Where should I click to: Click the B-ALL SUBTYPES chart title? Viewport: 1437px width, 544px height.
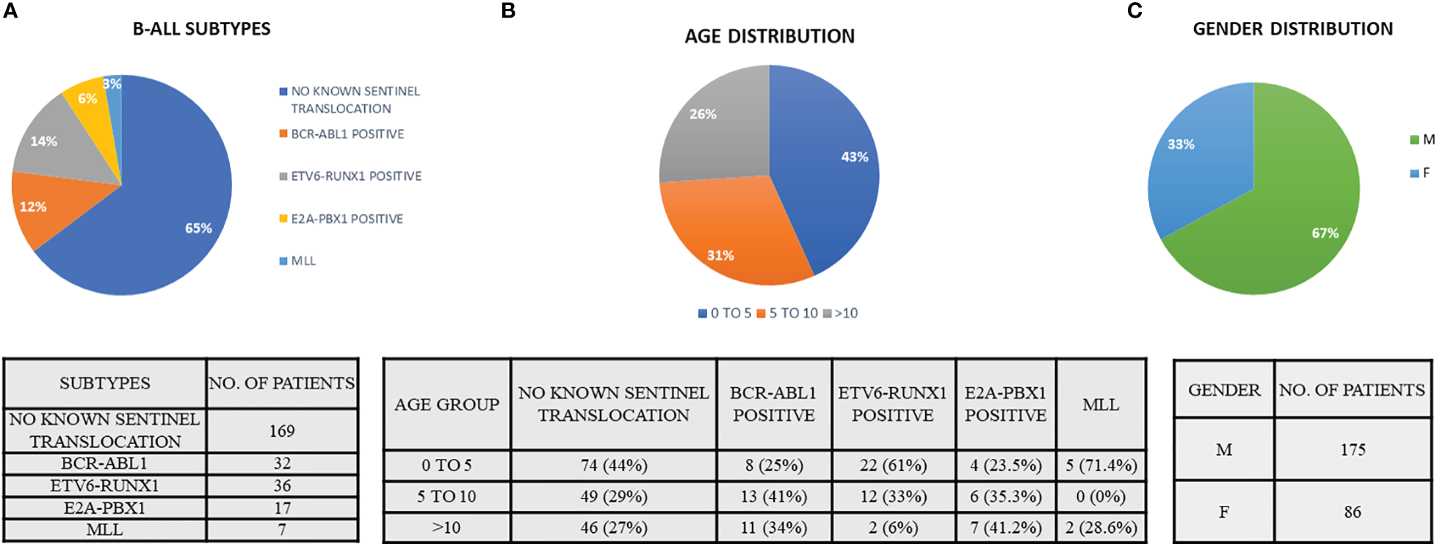[201, 29]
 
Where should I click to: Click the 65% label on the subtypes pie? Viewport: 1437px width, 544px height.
[198, 228]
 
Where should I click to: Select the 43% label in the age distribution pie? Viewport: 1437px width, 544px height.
[855, 157]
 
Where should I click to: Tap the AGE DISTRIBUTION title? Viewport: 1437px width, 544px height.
[770, 37]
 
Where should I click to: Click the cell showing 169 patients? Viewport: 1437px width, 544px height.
[282, 431]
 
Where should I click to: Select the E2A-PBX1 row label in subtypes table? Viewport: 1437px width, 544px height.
[104, 508]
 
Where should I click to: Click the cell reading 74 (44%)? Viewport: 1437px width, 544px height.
[613, 465]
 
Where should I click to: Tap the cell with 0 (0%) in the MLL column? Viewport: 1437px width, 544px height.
[1100, 497]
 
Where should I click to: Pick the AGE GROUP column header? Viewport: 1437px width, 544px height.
[446, 405]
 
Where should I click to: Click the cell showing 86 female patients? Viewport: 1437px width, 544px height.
[1353, 512]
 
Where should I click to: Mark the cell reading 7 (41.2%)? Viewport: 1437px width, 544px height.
[1005, 528]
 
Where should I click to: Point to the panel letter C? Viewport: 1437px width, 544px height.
[1134, 10]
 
